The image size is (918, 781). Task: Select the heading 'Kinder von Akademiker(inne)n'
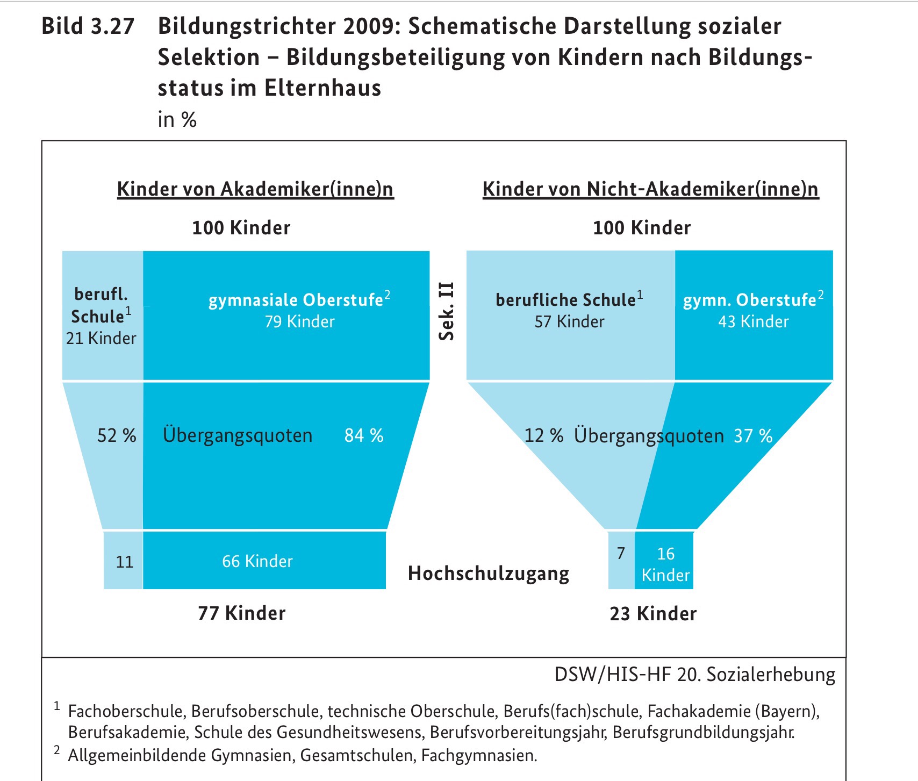255,189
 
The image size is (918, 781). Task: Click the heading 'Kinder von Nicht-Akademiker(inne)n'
650,189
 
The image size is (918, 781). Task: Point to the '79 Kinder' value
299,321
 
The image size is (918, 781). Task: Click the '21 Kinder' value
101,338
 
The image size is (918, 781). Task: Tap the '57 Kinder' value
569,321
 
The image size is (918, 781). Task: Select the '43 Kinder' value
754,321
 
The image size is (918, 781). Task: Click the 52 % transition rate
117,435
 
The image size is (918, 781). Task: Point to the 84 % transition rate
364,435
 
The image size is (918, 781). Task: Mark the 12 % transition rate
543,435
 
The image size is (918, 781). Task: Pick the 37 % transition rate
753,435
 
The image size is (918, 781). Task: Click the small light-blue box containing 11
124,561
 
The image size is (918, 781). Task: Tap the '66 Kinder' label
257,561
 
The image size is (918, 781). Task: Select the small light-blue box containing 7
621,559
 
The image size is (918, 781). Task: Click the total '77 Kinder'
242,613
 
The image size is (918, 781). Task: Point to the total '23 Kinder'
653,613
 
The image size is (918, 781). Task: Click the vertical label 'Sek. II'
447,311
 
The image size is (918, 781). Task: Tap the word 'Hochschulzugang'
489,574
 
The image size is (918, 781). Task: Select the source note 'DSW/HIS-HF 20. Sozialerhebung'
695,675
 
